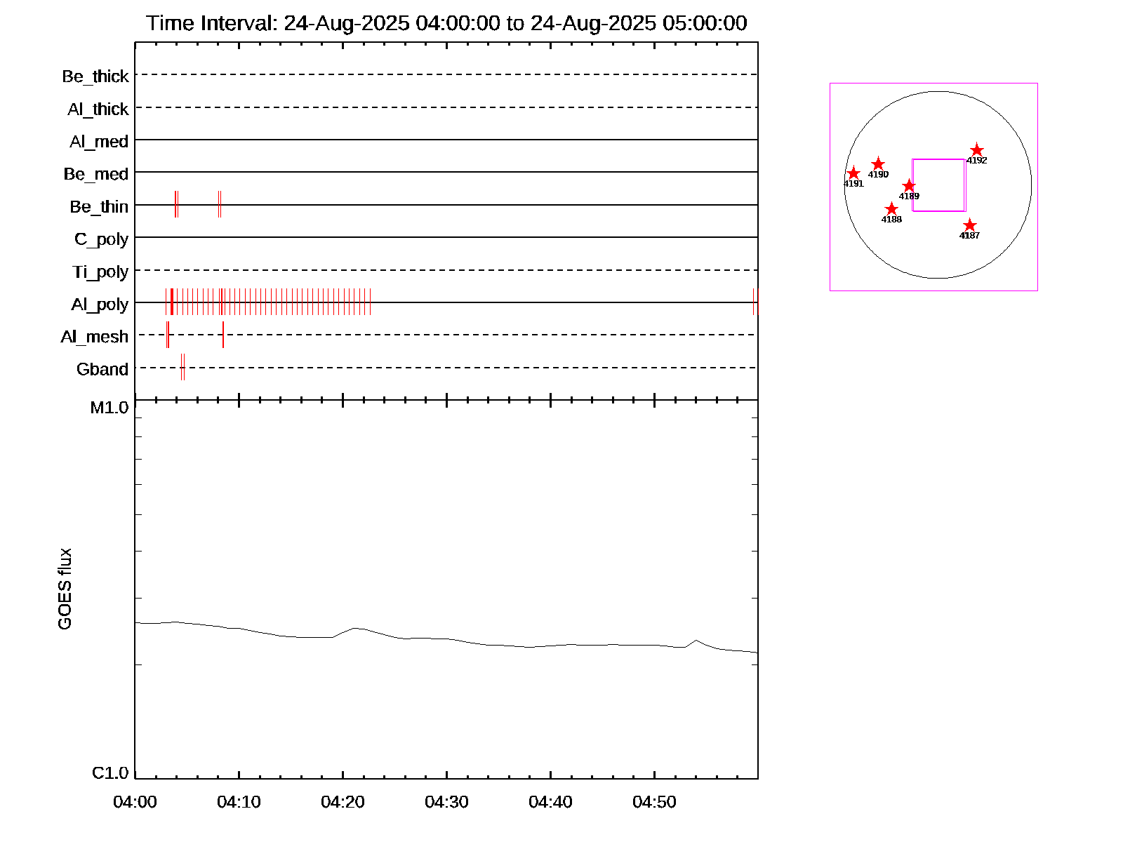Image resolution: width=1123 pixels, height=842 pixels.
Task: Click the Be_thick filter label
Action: [95, 76]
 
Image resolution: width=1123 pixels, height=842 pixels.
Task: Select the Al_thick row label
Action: [98, 109]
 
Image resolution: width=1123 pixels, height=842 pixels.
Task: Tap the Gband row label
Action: [102, 370]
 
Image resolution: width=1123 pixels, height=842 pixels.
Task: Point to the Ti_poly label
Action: [100, 272]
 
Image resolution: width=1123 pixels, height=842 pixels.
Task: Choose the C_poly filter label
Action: [102, 239]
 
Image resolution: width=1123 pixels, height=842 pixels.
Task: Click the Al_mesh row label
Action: [95, 338]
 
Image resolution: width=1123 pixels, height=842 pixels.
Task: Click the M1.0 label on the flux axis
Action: [109, 408]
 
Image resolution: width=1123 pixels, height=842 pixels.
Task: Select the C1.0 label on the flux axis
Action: [110, 773]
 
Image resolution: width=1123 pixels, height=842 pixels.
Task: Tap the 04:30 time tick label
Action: [446, 802]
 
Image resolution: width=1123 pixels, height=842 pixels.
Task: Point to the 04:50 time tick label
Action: [654, 802]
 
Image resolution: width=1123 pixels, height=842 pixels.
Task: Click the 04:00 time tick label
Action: [135, 802]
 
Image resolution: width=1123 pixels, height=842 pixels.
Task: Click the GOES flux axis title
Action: [65, 589]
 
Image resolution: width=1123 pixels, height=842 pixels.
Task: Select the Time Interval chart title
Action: [446, 23]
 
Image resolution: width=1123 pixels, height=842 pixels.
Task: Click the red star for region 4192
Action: [977, 150]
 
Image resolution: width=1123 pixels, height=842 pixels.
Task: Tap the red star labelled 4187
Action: [969, 225]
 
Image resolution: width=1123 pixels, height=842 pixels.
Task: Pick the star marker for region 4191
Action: [853, 173]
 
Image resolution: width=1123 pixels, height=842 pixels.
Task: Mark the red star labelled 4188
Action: [891, 209]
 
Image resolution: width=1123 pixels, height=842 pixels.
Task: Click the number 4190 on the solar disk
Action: [878, 175]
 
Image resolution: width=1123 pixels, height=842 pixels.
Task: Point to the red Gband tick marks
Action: [182, 368]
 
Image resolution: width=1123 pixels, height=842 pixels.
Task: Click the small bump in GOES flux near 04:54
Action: [696, 641]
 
